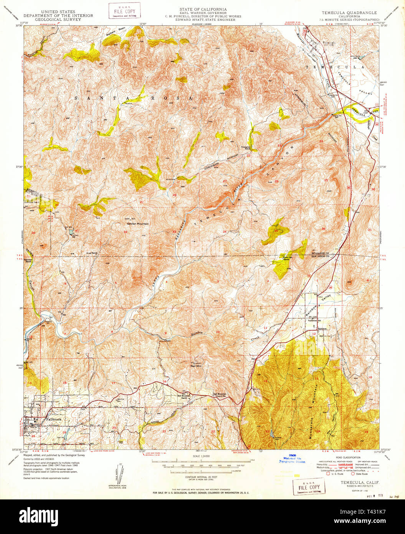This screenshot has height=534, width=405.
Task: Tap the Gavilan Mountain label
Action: (x=138, y=224)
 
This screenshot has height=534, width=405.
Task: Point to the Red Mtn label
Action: (x=196, y=366)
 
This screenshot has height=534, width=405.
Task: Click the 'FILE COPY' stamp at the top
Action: (x=124, y=10)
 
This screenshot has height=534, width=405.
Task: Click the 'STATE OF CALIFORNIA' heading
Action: (x=203, y=9)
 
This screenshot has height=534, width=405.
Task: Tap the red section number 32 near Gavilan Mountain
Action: (x=125, y=232)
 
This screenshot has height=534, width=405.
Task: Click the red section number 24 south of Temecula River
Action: (x=321, y=141)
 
